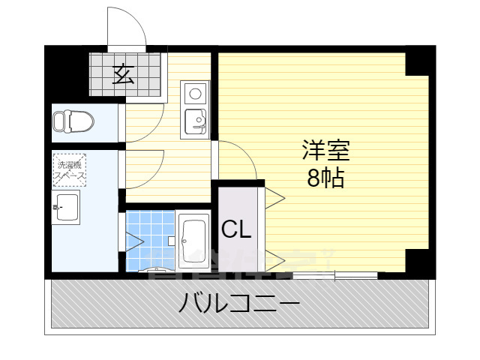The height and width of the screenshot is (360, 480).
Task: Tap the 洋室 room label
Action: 325,150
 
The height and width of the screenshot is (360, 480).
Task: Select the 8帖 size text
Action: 325,178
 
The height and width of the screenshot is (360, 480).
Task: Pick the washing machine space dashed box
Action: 69,169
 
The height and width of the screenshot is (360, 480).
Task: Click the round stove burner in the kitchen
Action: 195,94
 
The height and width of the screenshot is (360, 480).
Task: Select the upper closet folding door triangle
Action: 273,198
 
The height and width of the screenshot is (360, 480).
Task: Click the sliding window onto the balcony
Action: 334,274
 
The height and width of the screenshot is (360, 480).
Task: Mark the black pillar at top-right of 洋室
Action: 418,61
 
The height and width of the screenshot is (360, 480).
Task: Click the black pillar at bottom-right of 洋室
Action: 418,261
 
